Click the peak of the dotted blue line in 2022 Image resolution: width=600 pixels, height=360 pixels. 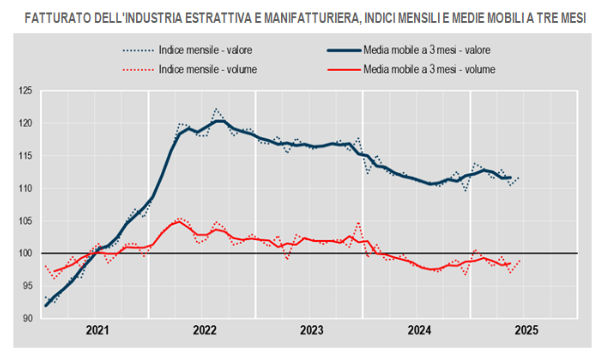pos(216,109)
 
